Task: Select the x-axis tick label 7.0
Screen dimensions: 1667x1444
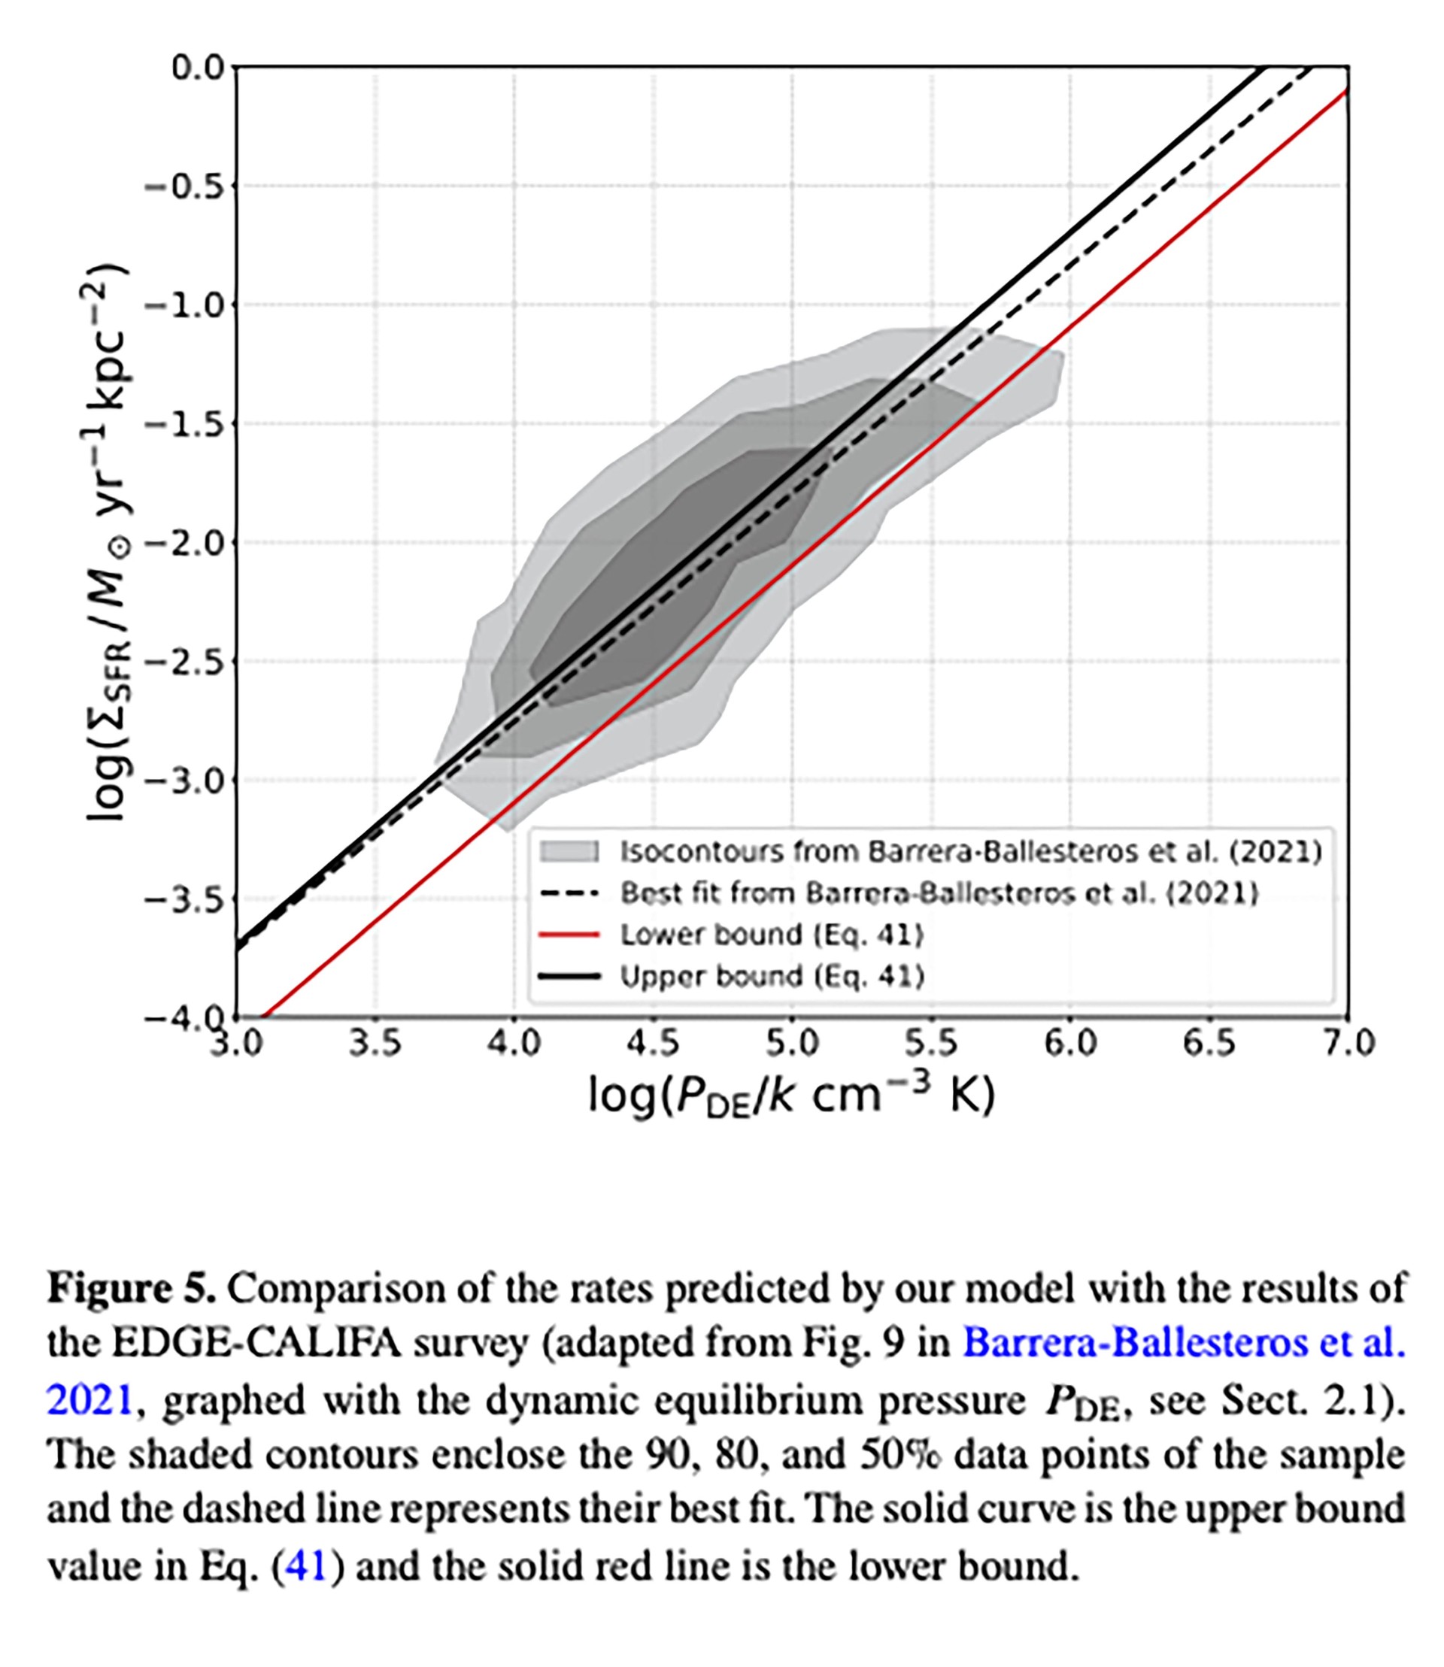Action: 1348,1044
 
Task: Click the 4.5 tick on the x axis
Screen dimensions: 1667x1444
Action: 654,1044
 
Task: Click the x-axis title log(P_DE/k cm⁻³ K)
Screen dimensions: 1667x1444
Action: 791,1096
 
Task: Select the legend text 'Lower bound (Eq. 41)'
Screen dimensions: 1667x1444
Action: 771,935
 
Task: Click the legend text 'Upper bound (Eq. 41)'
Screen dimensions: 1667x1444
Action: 771,977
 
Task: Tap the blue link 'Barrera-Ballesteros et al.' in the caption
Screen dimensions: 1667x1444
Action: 1184,1343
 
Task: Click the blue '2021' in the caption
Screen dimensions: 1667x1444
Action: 89,1399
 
